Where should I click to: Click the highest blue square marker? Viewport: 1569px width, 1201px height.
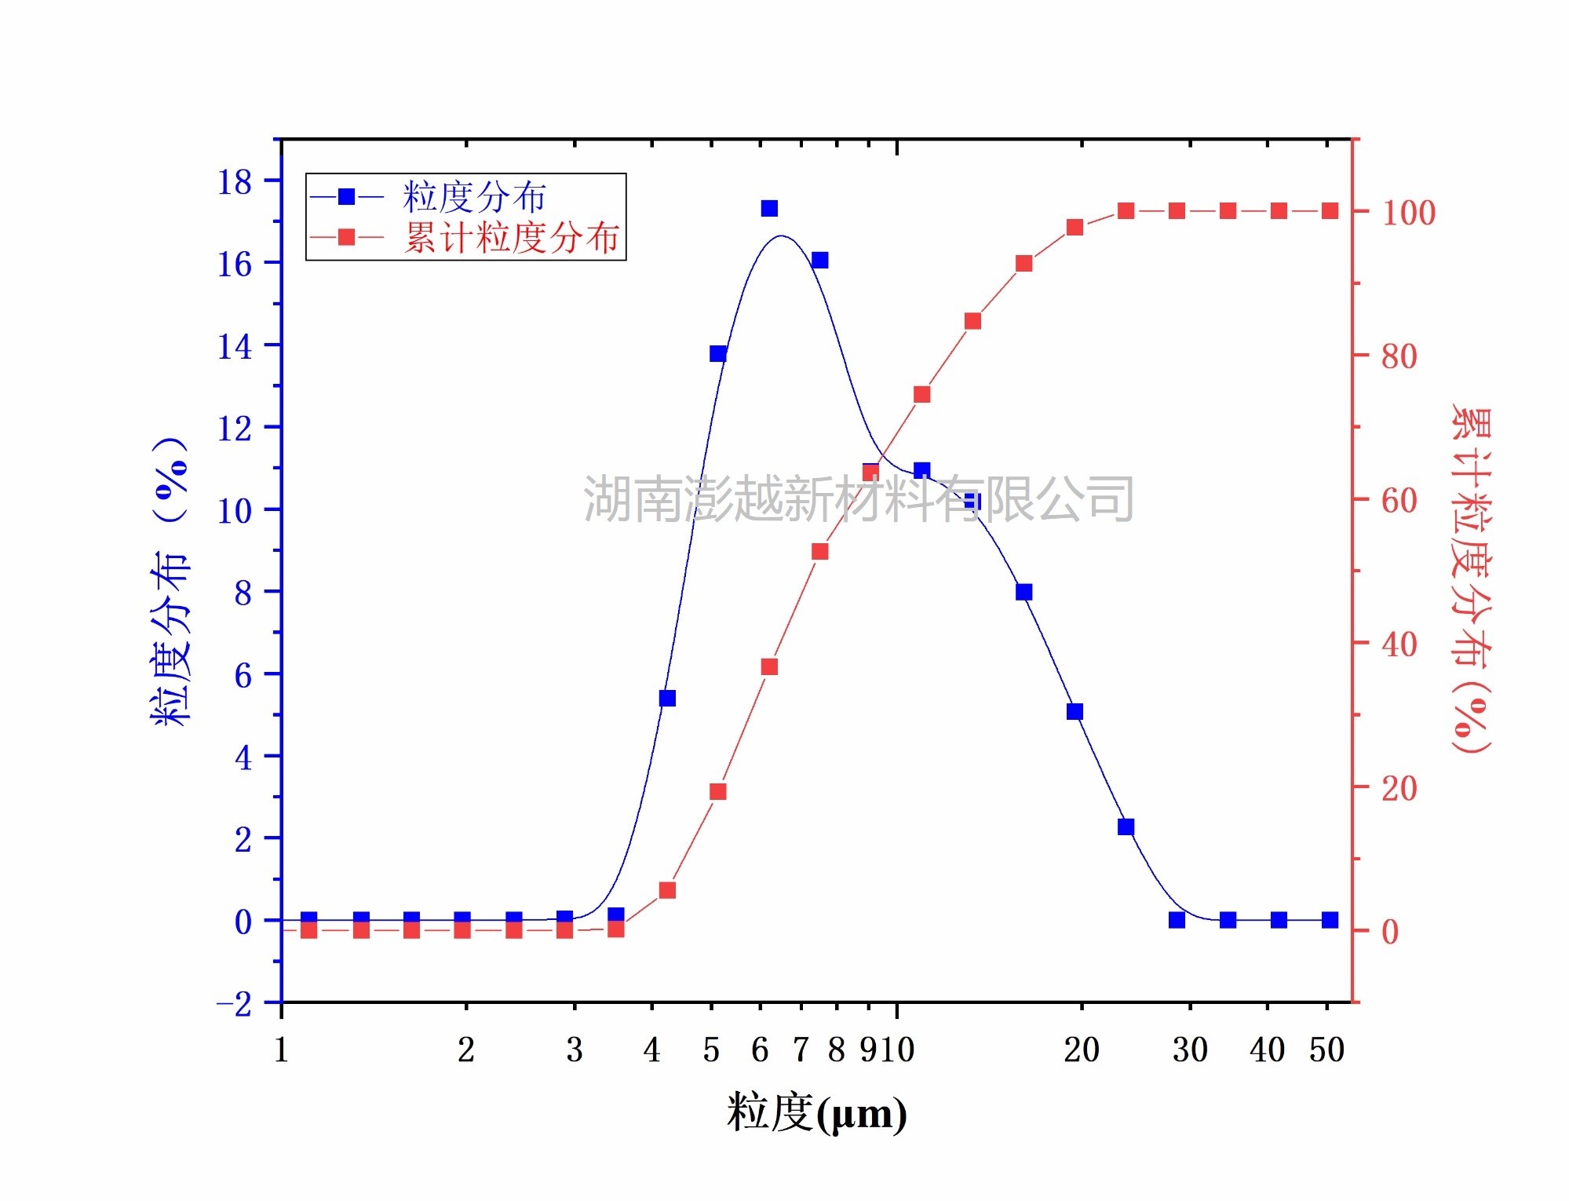[769, 208]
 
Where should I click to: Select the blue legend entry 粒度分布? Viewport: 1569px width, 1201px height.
[473, 196]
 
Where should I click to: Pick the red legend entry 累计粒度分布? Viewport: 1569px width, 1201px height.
[511, 237]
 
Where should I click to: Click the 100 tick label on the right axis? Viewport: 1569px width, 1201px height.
[1409, 213]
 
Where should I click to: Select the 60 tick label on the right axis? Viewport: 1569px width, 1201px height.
[1399, 500]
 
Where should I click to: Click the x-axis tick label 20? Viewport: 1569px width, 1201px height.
[1082, 1050]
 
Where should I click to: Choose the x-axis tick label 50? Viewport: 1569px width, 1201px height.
[1326, 1050]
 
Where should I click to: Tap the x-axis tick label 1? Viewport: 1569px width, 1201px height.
[281, 1050]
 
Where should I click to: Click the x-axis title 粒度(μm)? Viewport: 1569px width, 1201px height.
[816, 1113]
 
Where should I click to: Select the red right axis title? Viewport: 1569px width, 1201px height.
[1471, 581]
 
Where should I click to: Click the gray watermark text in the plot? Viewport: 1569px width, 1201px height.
[858, 498]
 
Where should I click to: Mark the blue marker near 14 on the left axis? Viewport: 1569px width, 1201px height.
[718, 353]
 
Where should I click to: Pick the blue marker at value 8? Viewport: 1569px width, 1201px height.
[1023, 592]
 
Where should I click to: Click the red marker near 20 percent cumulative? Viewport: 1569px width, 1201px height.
[718, 791]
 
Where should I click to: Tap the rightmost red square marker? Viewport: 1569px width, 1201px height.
[1330, 211]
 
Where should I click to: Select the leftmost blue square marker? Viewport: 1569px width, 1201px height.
[309, 919]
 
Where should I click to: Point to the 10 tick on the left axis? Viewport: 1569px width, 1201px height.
[235, 511]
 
